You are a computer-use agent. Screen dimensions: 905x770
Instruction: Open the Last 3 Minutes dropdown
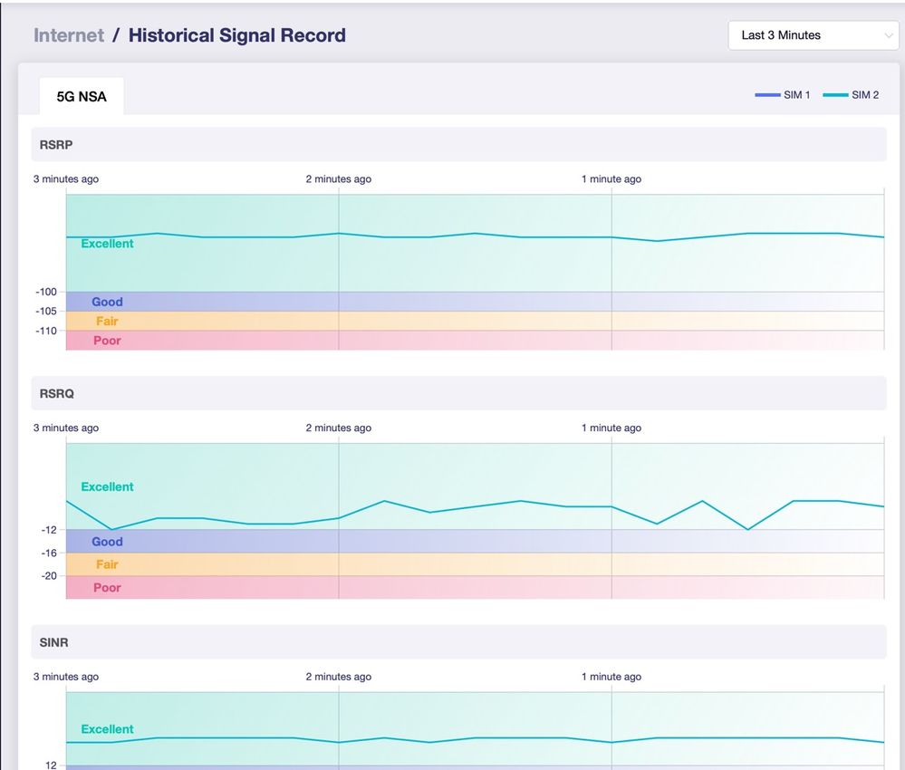pos(814,35)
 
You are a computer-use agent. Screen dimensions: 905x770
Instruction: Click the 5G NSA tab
pos(82,96)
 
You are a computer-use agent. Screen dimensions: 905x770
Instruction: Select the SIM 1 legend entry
pos(783,94)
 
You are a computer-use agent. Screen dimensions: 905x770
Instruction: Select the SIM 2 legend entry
pos(851,94)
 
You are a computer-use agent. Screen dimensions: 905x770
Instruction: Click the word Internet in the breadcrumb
pos(69,35)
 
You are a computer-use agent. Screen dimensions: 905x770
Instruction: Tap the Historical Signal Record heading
pos(237,35)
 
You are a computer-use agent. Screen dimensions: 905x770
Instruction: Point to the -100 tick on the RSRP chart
pos(46,292)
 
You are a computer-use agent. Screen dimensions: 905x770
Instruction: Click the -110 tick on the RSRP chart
pos(46,331)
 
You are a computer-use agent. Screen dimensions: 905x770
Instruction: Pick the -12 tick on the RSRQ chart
pos(49,530)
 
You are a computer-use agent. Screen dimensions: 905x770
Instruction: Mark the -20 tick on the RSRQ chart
pos(49,575)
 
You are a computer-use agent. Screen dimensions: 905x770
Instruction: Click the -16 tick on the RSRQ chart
pos(49,553)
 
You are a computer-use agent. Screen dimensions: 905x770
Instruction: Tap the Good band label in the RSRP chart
pos(108,302)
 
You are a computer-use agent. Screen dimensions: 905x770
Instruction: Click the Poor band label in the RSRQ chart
pos(108,588)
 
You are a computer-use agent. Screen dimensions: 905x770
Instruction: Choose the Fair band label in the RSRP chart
pos(108,321)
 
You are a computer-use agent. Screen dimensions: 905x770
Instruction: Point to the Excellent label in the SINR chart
pos(108,729)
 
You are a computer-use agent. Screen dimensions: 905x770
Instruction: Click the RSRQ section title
pos(56,394)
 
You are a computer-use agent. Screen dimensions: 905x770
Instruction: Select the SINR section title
pos(53,642)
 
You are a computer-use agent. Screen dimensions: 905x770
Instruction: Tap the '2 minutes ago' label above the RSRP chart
pos(339,179)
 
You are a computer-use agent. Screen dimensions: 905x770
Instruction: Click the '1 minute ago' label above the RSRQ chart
pos(611,428)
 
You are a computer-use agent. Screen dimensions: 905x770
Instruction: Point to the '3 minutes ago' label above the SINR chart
pos(66,677)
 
